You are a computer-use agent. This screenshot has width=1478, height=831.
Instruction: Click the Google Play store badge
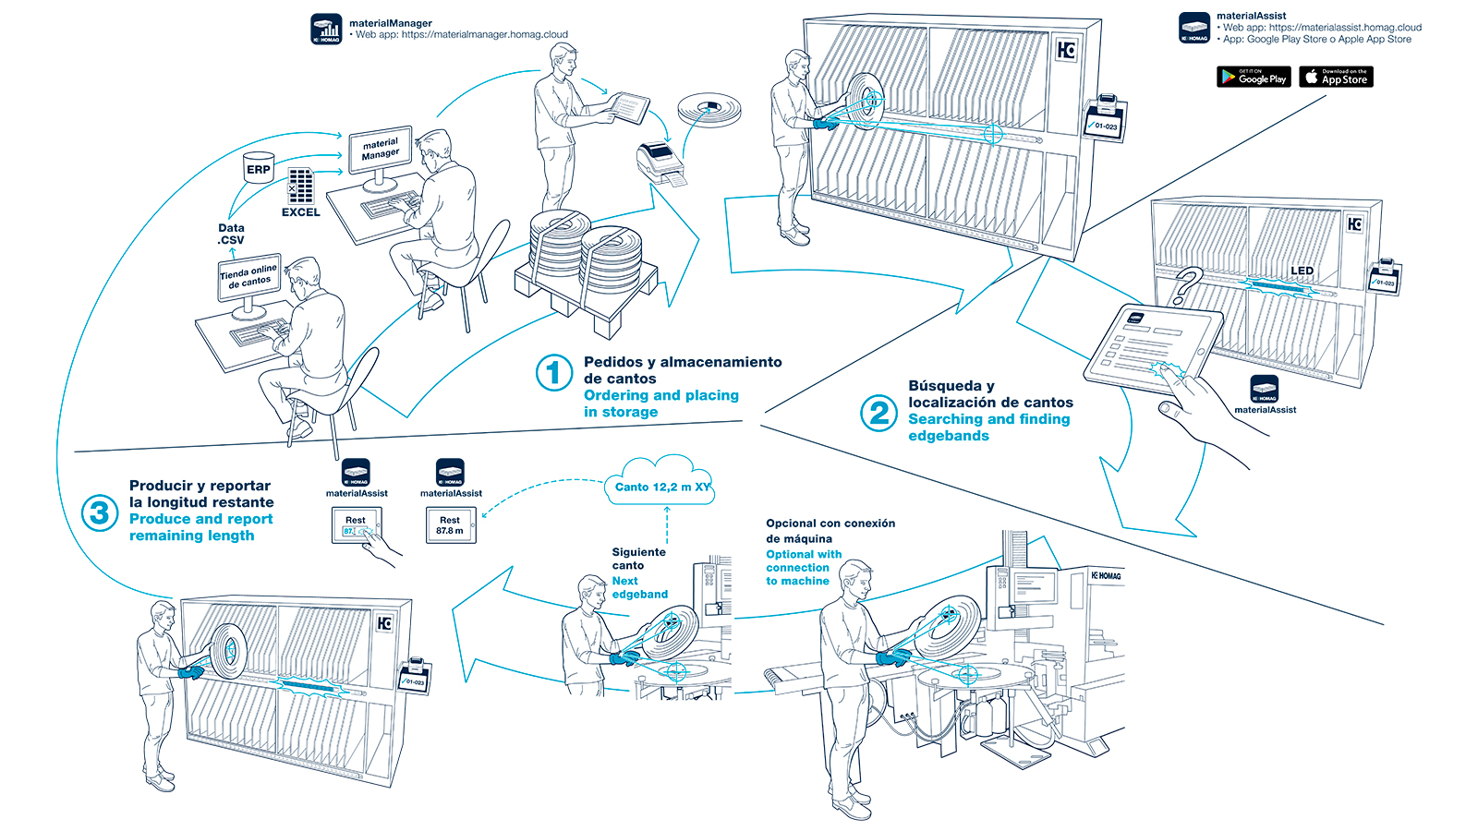point(1254,78)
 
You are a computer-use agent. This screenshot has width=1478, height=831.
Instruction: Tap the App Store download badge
point(1336,78)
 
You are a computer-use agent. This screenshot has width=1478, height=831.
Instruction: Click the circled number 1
point(554,373)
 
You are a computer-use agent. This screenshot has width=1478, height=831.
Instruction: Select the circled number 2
point(878,413)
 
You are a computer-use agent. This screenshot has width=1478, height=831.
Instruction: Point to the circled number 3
point(99,512)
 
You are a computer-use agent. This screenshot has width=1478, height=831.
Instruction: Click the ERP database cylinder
point(259,168)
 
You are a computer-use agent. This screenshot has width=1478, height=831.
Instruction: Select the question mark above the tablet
point(1186,285)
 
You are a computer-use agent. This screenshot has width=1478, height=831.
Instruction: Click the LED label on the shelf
point(1302,271)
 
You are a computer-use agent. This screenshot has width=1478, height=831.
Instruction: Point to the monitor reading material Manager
point(381,151)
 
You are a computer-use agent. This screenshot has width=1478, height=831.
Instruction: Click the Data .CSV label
point(231,234)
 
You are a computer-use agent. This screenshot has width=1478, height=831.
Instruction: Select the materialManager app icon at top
point(326,29)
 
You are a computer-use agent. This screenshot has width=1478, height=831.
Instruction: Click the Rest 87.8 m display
point(450,525)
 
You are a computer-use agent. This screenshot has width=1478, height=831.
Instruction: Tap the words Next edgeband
point(639,587)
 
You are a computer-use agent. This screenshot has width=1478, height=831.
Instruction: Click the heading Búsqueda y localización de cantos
point(989,394)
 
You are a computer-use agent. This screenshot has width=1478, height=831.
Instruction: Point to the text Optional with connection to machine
point(803,567)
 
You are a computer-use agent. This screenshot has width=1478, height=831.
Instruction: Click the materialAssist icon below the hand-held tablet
point(1264,389)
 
